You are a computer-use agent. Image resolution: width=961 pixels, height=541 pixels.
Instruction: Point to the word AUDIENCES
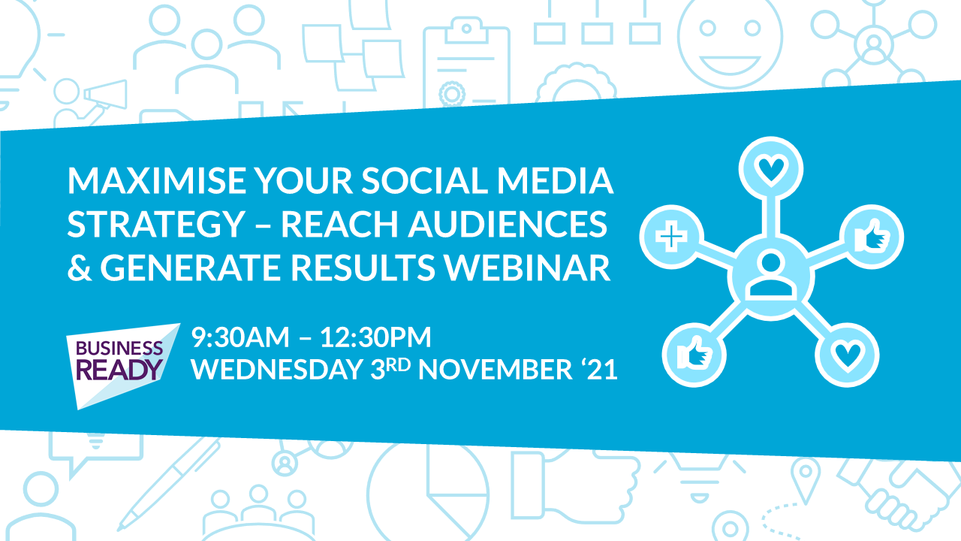pyautogui.click(x=508, y=224)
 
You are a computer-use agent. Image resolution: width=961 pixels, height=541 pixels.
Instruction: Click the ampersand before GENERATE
pyautogui.click(x=80, y=267)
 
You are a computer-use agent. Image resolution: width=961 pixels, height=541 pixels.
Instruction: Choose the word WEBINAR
pyautogui.click(x=527, y=267)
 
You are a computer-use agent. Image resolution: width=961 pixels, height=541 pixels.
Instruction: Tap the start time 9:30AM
pyautogui.click(x=241, y=337)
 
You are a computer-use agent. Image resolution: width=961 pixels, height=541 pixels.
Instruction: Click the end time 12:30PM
pyautogui.click(x=375, y=337)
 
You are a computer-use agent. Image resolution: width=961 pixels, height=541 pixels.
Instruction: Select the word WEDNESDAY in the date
pyautogui.click(x=278, y=369)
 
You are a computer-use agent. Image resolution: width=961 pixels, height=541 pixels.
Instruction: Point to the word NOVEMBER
pyautogui.click(x=496, y=369)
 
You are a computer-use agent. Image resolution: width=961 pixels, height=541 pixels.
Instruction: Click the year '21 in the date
pyautogui.click(x=599, y=369)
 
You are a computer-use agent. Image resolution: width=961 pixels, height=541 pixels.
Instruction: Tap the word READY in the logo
pyautogui.click(x=119, y=370)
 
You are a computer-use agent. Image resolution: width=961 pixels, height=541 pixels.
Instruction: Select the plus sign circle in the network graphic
pyautogui.click(x=671, y=237)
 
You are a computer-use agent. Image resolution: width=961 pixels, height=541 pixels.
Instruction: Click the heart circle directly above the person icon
pyautogui.click(x=771, y=169)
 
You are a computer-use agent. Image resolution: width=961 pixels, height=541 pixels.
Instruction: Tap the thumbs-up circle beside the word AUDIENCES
pyautogui.click(x=872, y=237)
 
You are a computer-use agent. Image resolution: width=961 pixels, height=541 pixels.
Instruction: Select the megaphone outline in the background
pyautogui.click(x=105, y=95)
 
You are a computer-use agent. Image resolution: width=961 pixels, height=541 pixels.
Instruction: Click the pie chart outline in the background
pyautogui.click(x=428, y=494)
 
